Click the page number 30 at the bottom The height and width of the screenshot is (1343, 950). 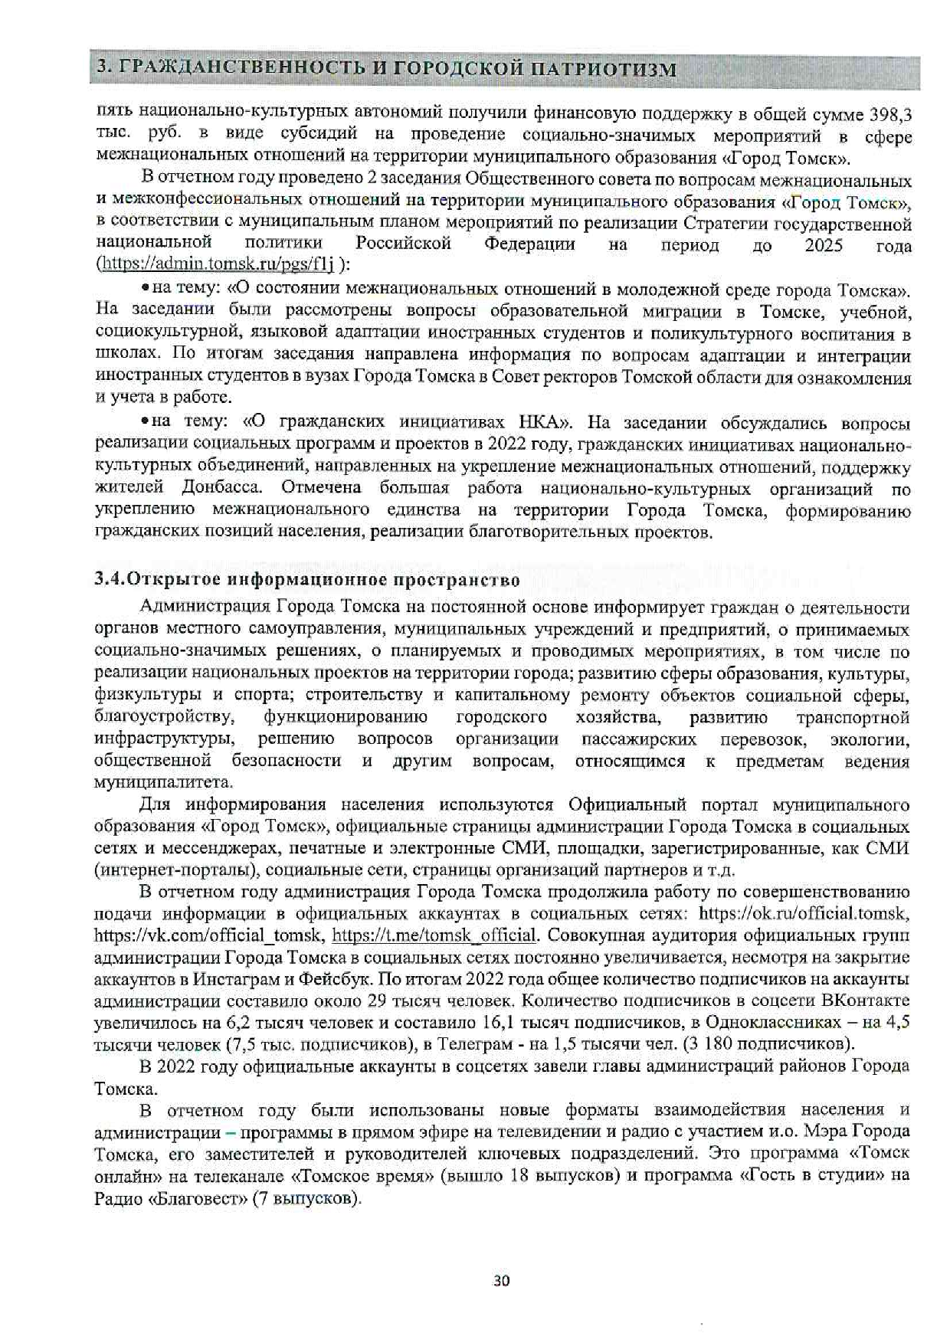click(x=502, y=1280)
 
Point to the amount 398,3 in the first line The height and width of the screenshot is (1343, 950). click(x=889, y=115)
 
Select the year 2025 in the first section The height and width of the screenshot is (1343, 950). click(x=824, y=245)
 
